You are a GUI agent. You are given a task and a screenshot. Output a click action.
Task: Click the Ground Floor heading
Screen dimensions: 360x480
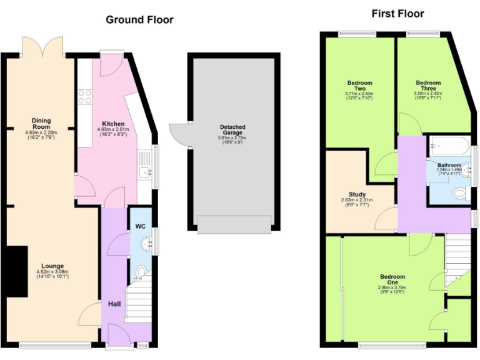(139, 19)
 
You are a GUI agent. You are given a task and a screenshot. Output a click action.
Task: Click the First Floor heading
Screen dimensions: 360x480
(397, 13)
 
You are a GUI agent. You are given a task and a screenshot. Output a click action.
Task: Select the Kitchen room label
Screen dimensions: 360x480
(113, 124)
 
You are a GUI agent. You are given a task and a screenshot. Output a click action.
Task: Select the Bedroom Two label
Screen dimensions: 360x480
(359, 86)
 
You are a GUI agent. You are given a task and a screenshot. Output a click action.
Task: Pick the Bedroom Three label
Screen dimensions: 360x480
(428, 86)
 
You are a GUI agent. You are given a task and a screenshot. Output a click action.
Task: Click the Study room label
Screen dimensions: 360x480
(357, 194)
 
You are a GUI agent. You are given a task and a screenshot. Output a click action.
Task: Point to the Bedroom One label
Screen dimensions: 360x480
(392, 280)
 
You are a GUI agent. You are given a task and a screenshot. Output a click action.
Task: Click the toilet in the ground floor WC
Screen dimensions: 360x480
(142, 272)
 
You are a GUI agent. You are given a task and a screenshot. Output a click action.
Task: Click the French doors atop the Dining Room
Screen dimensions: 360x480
(44, 47)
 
